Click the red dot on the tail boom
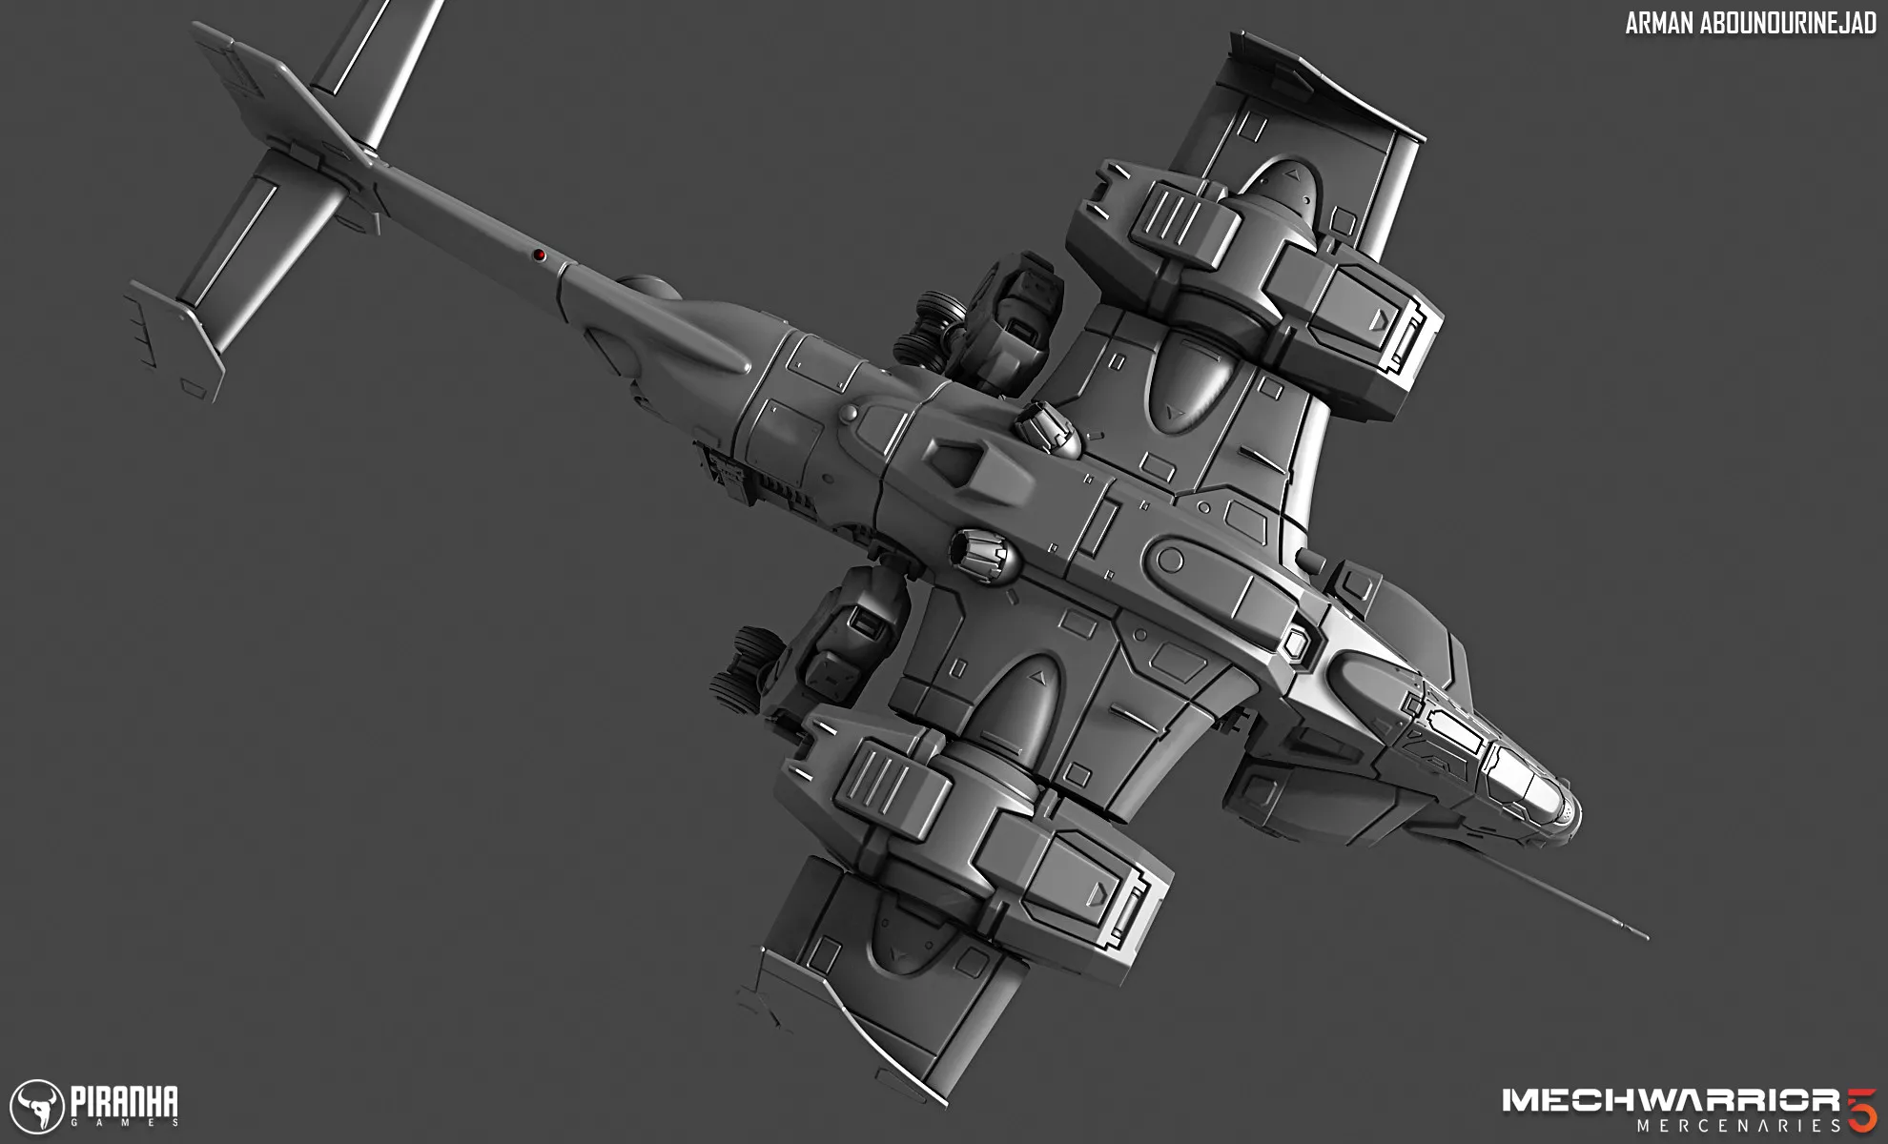(539, 255)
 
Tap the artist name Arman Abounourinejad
(1751, 24)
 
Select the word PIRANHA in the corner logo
(124, 1101)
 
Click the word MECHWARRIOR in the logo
(1671, 1100)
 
